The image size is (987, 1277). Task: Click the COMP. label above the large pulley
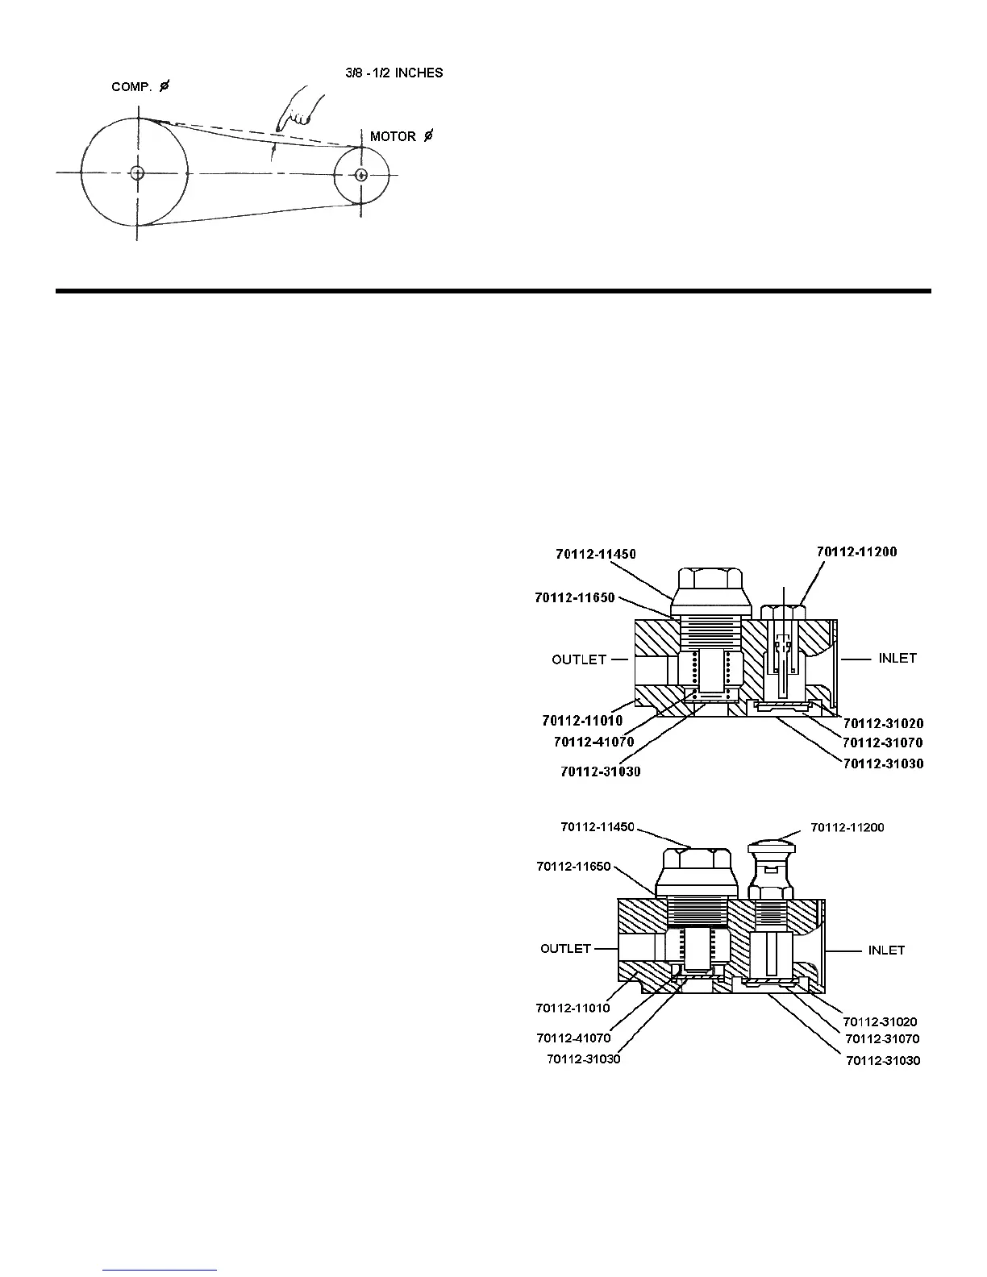[131, 86]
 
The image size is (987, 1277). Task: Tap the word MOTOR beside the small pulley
[393, 137]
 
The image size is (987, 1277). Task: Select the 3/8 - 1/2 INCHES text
[393, 73]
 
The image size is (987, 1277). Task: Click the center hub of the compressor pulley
[136, 173]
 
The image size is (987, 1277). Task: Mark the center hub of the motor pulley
[361, 174]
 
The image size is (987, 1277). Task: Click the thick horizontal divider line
[493, 290]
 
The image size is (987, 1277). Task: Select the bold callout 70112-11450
[595, 554]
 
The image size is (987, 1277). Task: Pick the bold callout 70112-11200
[856, 552]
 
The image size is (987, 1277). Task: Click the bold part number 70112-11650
[574, 597]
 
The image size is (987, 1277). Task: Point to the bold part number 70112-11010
[582, 720]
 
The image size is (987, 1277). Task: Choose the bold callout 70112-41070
[594, 741]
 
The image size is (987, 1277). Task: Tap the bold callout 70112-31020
[883, 723]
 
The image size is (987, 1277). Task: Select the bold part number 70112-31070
[883, 742]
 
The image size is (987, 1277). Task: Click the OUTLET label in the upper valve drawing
[578, 659]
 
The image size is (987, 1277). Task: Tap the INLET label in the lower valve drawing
[886, 950]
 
